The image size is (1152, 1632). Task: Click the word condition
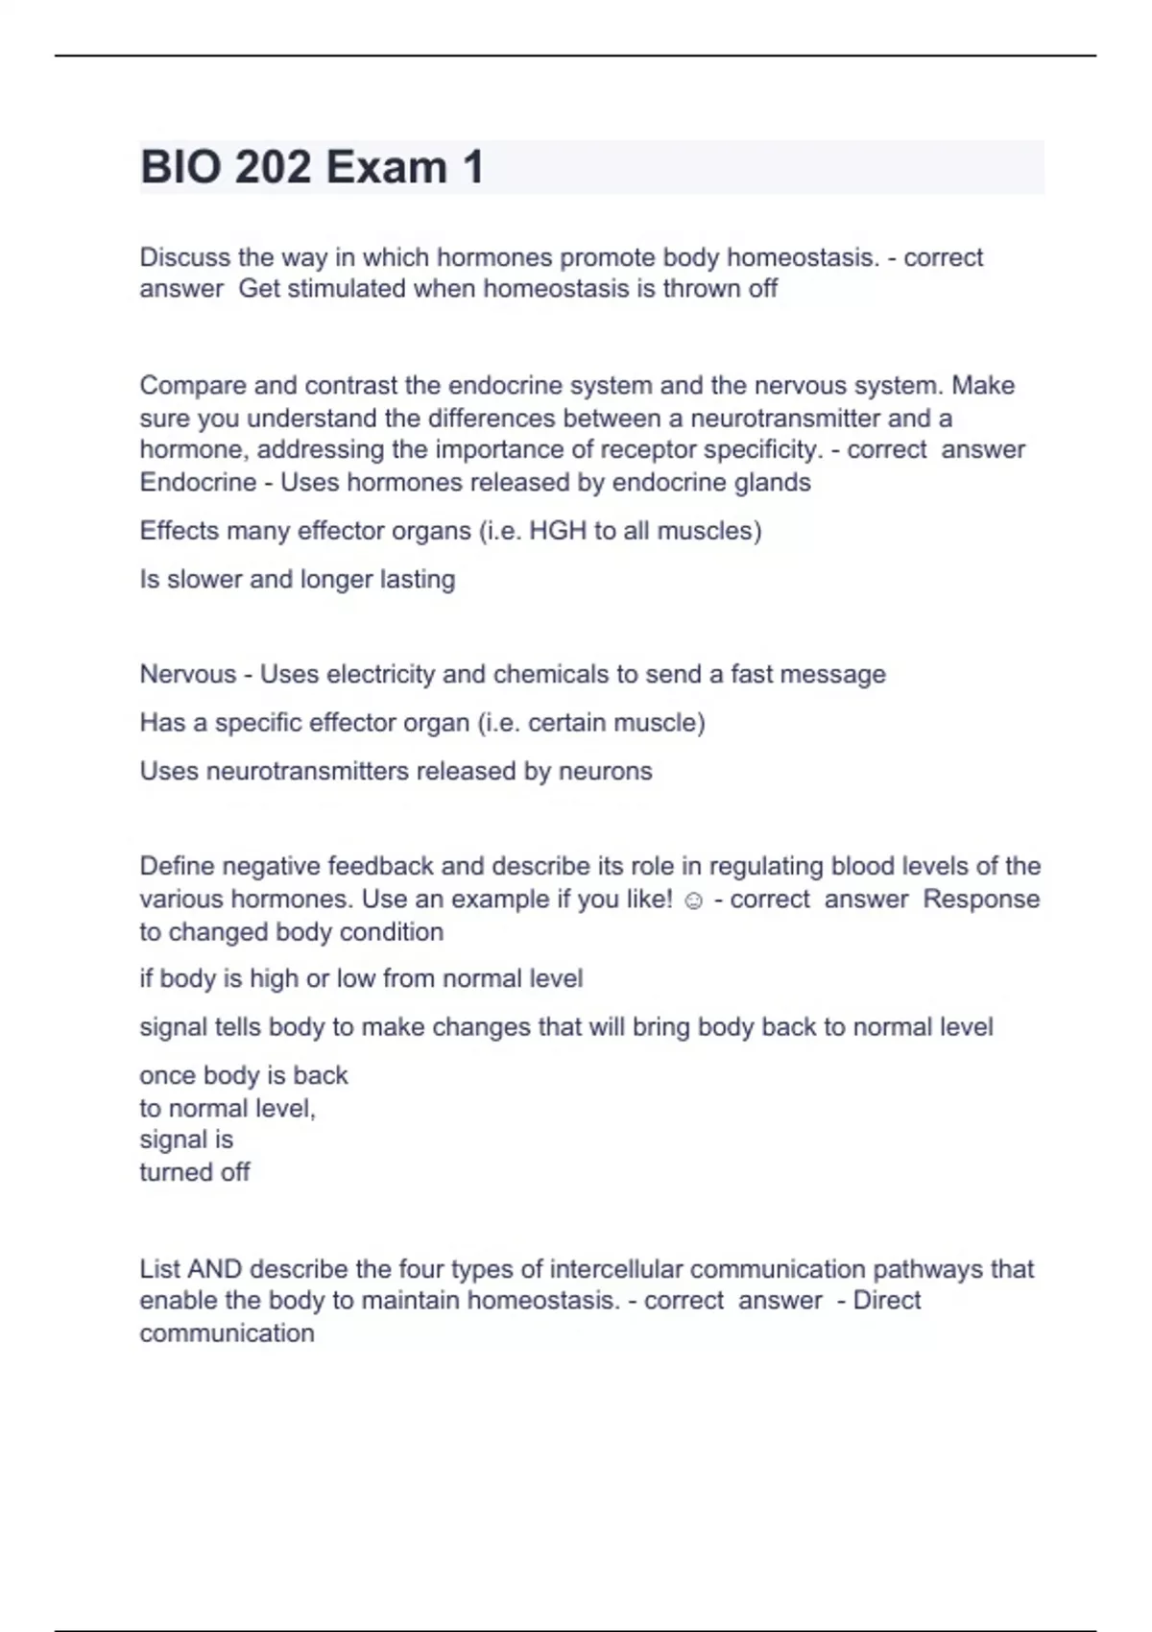(x=392, y=932)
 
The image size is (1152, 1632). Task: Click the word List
(x=159, y=1269)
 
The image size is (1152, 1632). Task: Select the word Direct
(x=887, y=1301)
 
